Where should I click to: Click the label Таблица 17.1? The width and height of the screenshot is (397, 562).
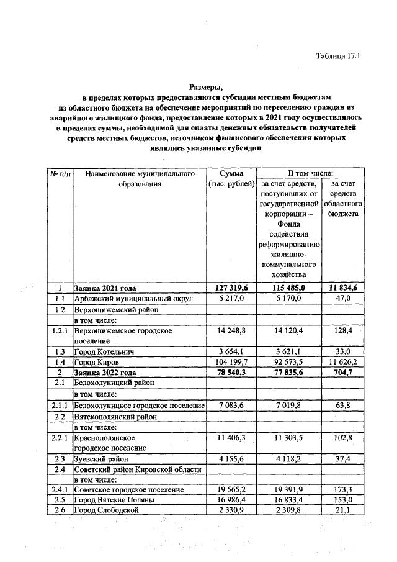tap(338, 56)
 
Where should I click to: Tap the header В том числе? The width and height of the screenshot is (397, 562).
tap(310, 173)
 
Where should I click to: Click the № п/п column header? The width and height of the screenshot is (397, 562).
tap(60, 173)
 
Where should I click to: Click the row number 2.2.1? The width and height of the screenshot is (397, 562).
tap(60, 438)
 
